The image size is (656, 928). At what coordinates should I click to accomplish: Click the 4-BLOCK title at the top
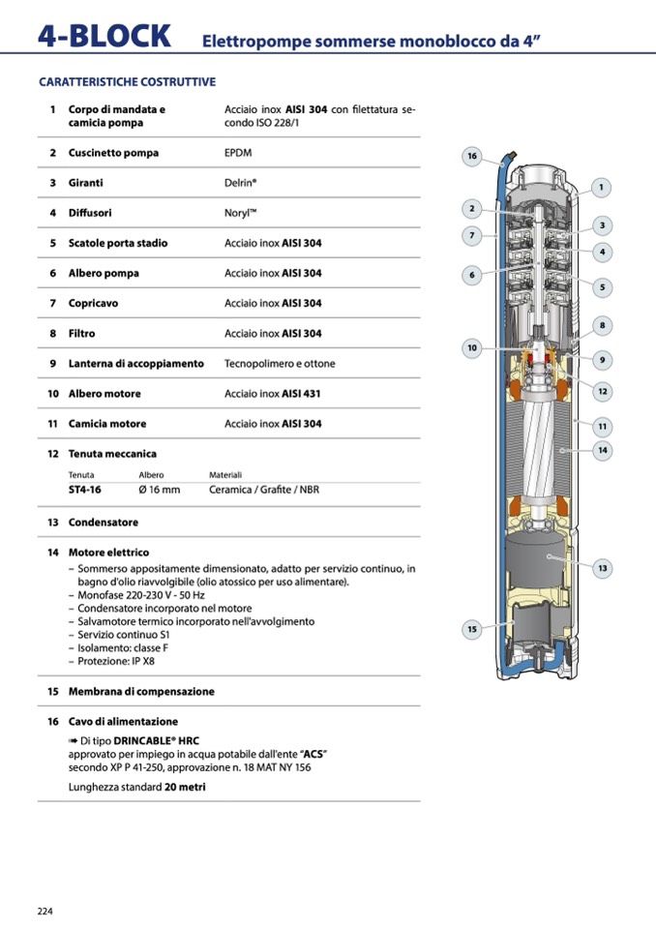(104, 37)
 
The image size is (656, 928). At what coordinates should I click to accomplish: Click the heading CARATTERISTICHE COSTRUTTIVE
(127, 82)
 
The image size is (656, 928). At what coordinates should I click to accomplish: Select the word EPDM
(240, 153)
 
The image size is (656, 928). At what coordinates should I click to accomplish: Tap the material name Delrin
(241, 183)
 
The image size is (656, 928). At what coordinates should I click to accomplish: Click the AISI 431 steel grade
(302, 394)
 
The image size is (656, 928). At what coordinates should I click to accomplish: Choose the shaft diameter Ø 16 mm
(160, 490)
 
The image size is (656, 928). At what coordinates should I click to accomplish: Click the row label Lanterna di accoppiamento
(135, 364)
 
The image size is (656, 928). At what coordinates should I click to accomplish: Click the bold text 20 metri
(185, 788)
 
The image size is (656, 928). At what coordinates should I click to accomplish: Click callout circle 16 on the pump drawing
(472, 157)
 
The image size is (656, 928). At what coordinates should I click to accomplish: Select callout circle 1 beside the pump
(601, 188)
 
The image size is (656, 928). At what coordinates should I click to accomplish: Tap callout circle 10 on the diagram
(472, 347)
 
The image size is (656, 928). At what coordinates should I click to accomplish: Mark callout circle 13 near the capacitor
(602, 568)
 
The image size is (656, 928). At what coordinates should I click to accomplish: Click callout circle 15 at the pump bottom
(472, 630)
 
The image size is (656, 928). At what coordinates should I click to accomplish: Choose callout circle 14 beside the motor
(602, 450)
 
